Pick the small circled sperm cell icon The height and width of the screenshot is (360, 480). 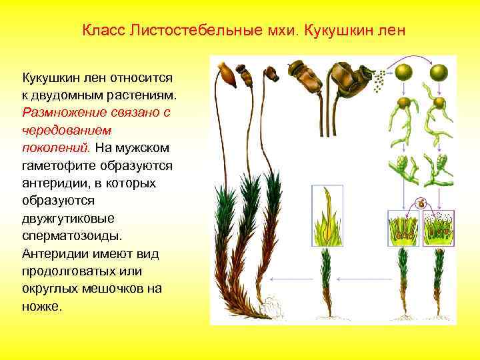[x=421, y=203]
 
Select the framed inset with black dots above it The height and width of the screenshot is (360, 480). [x=440, y=227]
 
